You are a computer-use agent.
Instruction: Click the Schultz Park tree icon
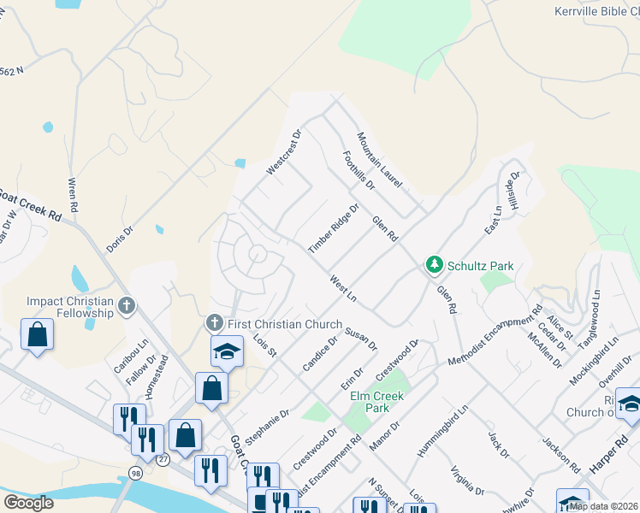(x=435, y=266)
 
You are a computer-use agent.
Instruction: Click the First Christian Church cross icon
(x=213, y=323)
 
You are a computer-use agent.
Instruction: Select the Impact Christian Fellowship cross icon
(x=127, y=305)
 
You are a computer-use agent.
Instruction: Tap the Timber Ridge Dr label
(x=334, y=229)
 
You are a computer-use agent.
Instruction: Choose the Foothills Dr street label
(x=358, y=169)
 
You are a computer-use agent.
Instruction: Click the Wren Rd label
(x=74, y=195)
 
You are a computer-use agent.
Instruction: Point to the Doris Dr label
(x=120, y=239)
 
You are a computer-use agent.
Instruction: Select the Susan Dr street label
(x=361, y=337)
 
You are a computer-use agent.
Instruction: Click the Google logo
(x=28, y=503)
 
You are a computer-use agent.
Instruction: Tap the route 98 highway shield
(x=137, y=472)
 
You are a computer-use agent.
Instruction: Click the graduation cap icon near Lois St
(x=227, y=351)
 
